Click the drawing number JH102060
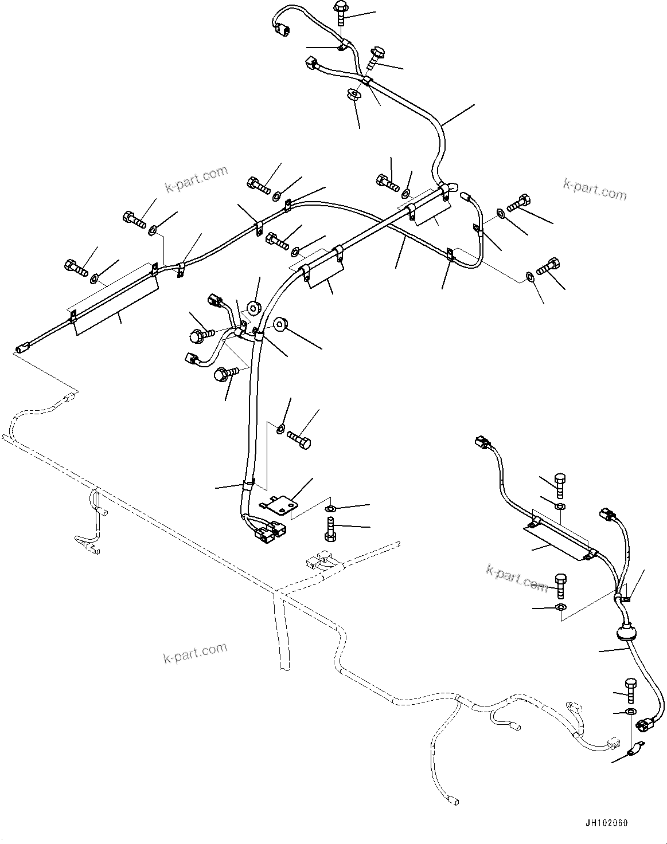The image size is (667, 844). [x=606, y=823]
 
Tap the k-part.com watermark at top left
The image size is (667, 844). [x=196, y=180]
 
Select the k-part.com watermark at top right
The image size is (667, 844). [x=595, y=190]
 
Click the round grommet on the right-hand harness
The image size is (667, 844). [x=623, y=633]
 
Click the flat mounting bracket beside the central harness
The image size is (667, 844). [x=279, y=504]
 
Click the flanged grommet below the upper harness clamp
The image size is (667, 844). [x=354, y=94]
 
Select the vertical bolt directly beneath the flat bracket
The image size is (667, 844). [x=330, y=528]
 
